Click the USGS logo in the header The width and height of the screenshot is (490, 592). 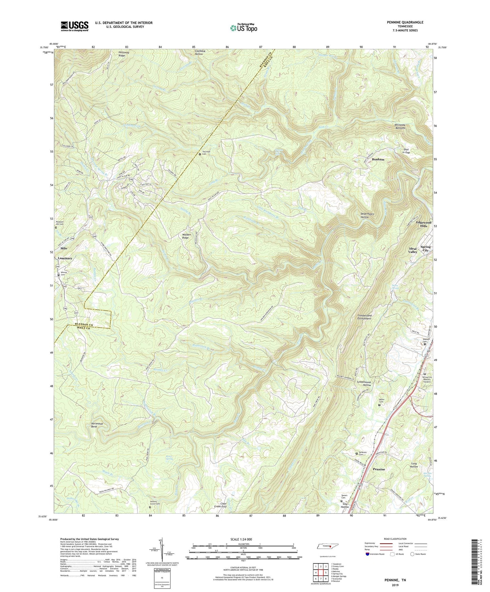click(x=75, y=26)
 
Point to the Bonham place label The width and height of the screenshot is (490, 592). click(x=378, y=159)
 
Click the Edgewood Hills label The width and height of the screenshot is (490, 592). click(x=424, y=224)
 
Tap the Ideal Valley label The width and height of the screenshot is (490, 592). click(x=413, y=250)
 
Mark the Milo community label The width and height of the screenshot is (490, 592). click(x=63, y=248)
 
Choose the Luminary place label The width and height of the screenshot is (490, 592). click(x=65, y=258)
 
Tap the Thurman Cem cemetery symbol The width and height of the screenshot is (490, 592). click(x=200, y=154)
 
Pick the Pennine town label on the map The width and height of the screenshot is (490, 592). click(x=379, y=469)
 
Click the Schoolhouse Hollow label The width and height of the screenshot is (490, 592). click(x=364, y=383)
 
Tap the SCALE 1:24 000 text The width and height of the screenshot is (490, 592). click(x=243, y=539)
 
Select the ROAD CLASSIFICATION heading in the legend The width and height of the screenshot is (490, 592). click(x=395, y=539)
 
